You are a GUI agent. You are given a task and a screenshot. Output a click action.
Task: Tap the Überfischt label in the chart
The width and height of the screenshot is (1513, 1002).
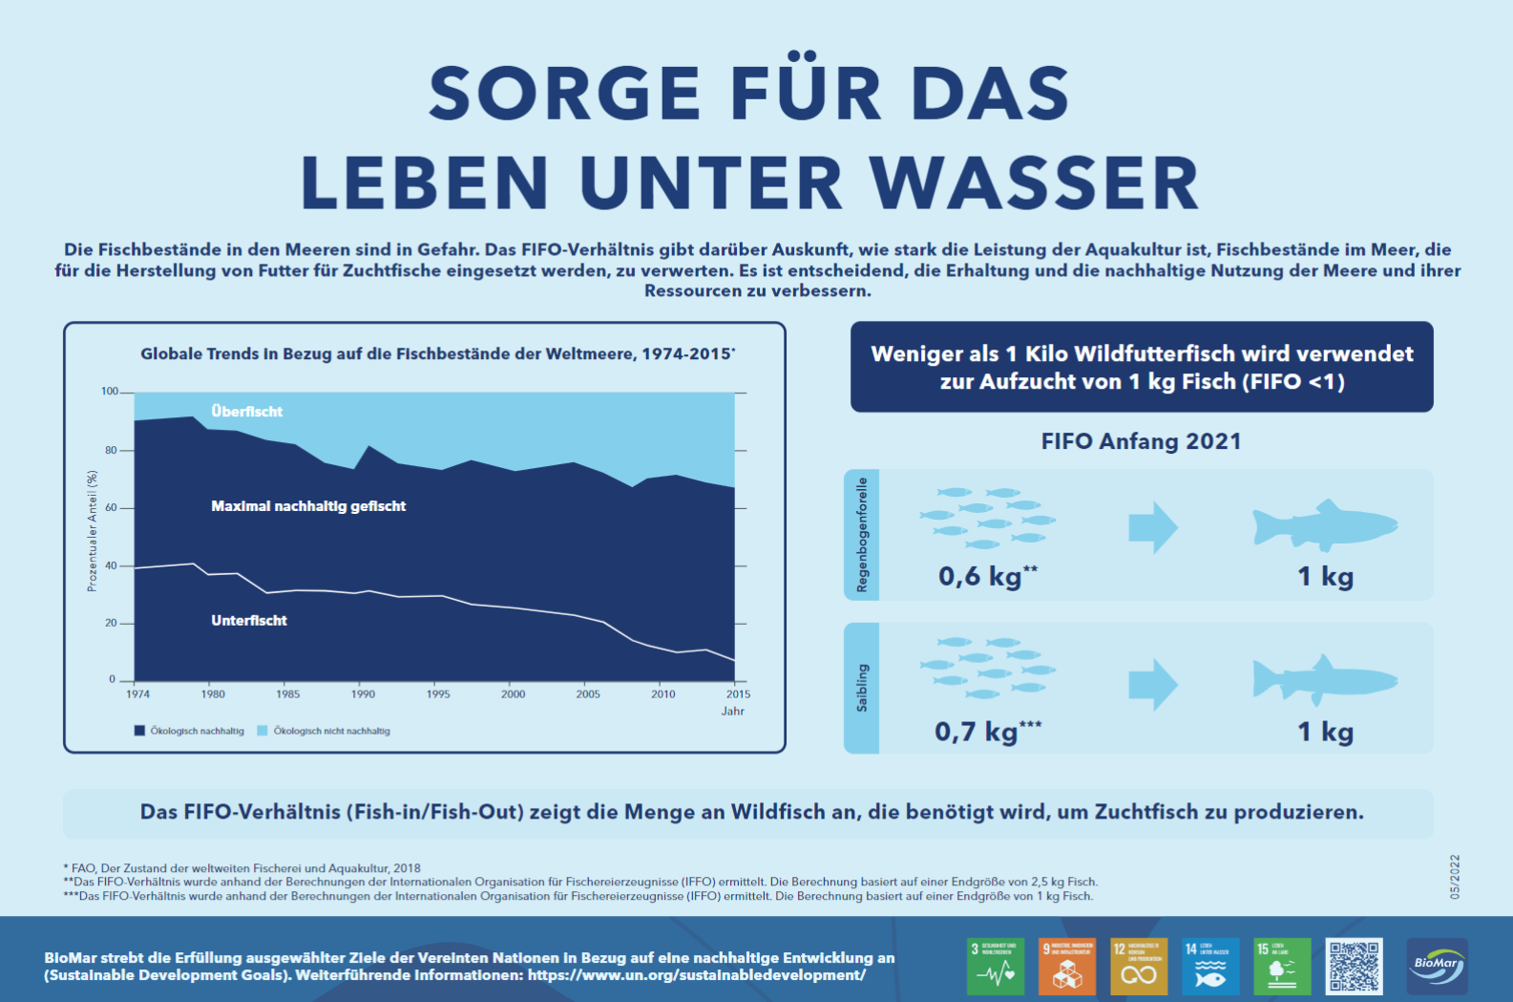click(246, 412)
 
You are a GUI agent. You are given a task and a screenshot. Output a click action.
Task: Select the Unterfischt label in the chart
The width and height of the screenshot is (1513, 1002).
click(248, 621)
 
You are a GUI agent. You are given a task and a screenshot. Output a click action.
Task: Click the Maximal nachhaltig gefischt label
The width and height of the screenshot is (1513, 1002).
click(308, 506)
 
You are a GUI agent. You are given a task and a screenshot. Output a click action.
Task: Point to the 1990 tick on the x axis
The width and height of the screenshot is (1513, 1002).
click(363, 694)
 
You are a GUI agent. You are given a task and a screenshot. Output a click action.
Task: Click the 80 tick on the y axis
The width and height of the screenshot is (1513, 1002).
click(111, 450)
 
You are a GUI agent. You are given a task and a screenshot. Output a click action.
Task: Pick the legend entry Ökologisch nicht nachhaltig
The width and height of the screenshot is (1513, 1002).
click(330, 731)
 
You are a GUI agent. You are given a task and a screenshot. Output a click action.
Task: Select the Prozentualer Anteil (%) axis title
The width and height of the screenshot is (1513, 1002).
click(93, 531)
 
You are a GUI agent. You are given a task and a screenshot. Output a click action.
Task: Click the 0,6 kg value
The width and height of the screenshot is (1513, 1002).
click(980, 576)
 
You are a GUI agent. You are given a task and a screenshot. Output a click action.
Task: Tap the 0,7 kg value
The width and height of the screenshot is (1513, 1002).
click(977, 732)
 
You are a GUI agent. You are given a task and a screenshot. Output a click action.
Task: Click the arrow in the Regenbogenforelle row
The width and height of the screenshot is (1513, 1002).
click(1153, 527)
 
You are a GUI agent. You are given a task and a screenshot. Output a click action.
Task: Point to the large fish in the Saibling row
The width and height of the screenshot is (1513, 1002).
click(1324, 680)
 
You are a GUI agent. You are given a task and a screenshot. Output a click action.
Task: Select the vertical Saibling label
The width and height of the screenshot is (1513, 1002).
click(862, 688)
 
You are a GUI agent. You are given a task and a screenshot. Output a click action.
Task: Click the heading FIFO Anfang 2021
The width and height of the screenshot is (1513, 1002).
click(1141, 441)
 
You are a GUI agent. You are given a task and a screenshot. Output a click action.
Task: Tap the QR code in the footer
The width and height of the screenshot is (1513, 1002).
click(1354, 966)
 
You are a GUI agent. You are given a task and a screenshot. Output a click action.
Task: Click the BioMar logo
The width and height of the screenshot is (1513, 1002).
click(1437, 966)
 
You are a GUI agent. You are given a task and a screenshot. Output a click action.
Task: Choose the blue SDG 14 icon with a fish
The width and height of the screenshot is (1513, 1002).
click(1210, 966)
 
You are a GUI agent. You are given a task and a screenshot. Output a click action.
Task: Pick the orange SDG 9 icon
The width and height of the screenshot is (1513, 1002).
click(1067, 966)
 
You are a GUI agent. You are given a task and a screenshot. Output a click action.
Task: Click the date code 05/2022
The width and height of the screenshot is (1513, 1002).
click(1455, 877)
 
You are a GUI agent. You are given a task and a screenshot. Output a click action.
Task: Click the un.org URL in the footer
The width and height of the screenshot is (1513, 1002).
click(696, 975)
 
